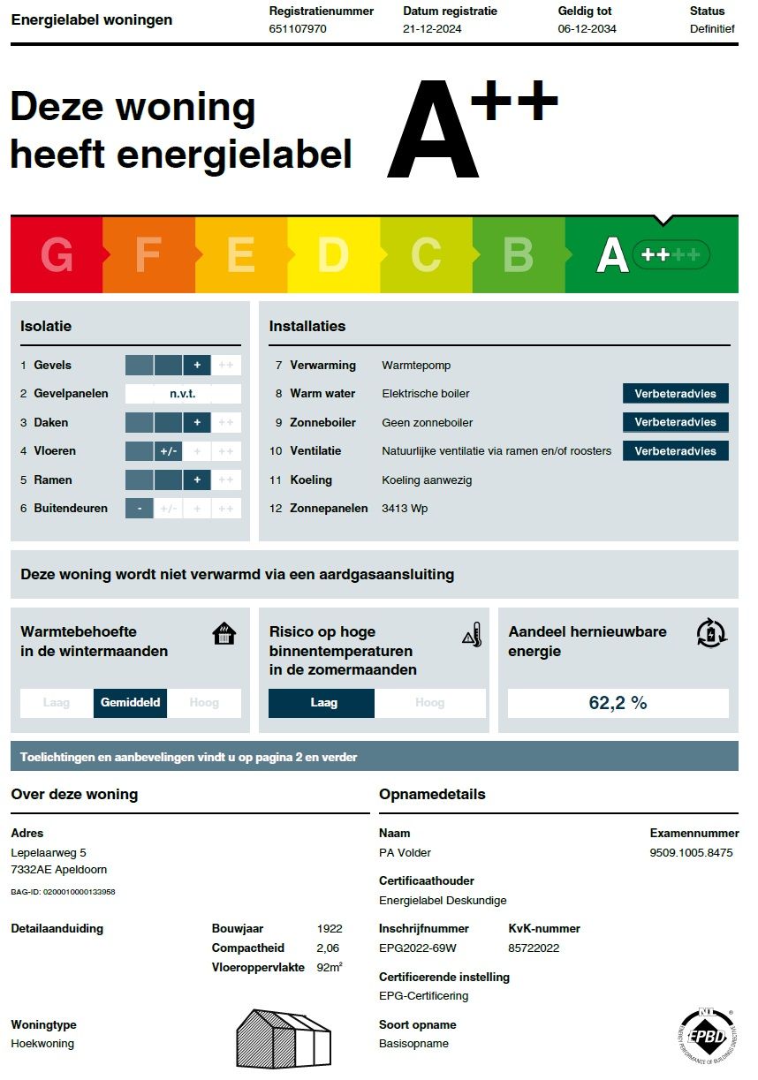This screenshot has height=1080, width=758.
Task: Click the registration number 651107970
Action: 298,28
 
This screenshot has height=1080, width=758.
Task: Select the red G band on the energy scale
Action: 57,255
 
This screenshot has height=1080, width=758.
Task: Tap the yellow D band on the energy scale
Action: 333,255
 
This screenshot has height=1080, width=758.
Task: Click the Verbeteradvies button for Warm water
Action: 675,394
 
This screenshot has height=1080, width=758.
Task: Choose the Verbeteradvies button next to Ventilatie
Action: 675,451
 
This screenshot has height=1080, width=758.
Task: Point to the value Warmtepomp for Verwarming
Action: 416,365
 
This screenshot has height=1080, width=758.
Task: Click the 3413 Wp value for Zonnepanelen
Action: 405,509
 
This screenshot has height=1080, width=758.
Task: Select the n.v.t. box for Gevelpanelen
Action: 183,394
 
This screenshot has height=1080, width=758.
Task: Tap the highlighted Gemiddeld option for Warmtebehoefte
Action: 130,703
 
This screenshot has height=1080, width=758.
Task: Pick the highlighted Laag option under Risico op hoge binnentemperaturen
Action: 322,703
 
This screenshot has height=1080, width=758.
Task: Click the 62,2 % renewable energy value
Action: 618,703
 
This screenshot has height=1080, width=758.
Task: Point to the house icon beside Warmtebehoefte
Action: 224,634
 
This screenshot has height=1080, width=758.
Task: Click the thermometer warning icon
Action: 473,635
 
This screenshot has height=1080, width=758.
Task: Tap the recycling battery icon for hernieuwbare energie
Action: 710,633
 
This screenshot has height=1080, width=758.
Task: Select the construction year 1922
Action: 330,929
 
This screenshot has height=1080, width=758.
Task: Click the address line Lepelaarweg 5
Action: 49,853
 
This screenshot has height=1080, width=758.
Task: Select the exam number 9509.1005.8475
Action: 691,853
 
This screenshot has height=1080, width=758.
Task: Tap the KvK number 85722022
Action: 534,948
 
